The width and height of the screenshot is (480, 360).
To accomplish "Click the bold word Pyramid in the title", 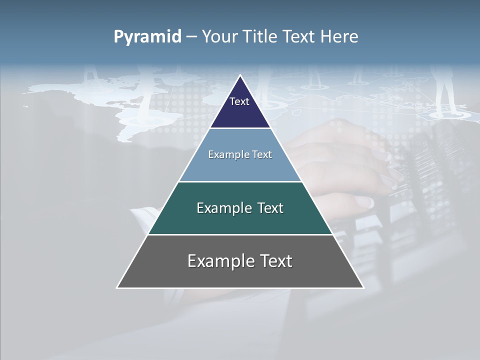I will tap(147, 37).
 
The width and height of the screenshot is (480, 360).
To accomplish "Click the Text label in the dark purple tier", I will tap(239, 101).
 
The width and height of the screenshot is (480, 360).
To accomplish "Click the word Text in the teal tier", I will tap(270, 208).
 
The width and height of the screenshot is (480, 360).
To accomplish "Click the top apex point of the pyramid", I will tap(240, 75).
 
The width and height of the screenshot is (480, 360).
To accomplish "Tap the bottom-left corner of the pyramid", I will tap(117, 287).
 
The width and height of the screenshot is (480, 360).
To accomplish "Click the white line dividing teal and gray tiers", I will tap(240, 234).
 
